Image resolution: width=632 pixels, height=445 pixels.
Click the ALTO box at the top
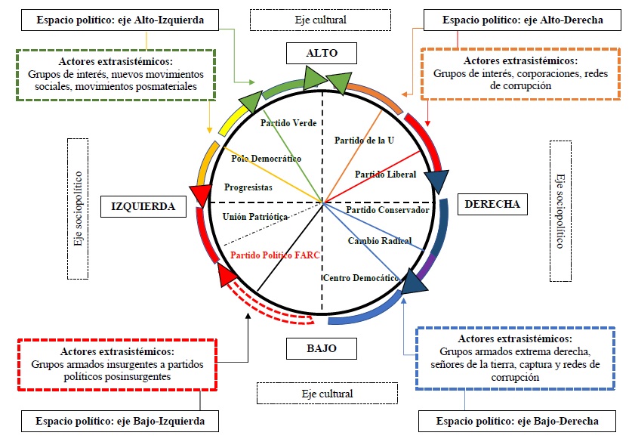pyautogui.click(x=321, y=53)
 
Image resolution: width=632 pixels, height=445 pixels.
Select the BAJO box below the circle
pyautogui.click(x=321, y=348)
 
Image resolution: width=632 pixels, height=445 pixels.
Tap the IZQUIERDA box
pyautogui.click(x=143, y=206)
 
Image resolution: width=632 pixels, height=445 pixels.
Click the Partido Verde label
pyautogui.click(x=288, y=123)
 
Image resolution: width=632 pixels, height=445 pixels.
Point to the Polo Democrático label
pyautogui.click(x=266, y=159)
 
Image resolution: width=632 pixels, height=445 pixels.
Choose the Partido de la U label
pyautogui.click(x=364, y=140)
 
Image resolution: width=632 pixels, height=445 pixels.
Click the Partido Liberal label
pyautogui.click(x=386, y=175)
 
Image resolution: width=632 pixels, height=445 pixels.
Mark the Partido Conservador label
pyautogui.click(x=388, y=209)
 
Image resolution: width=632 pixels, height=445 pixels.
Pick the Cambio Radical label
pyautogui.click(x=379, y=241)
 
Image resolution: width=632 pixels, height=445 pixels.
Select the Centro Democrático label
pyautogui.click(x=360, y=278)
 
